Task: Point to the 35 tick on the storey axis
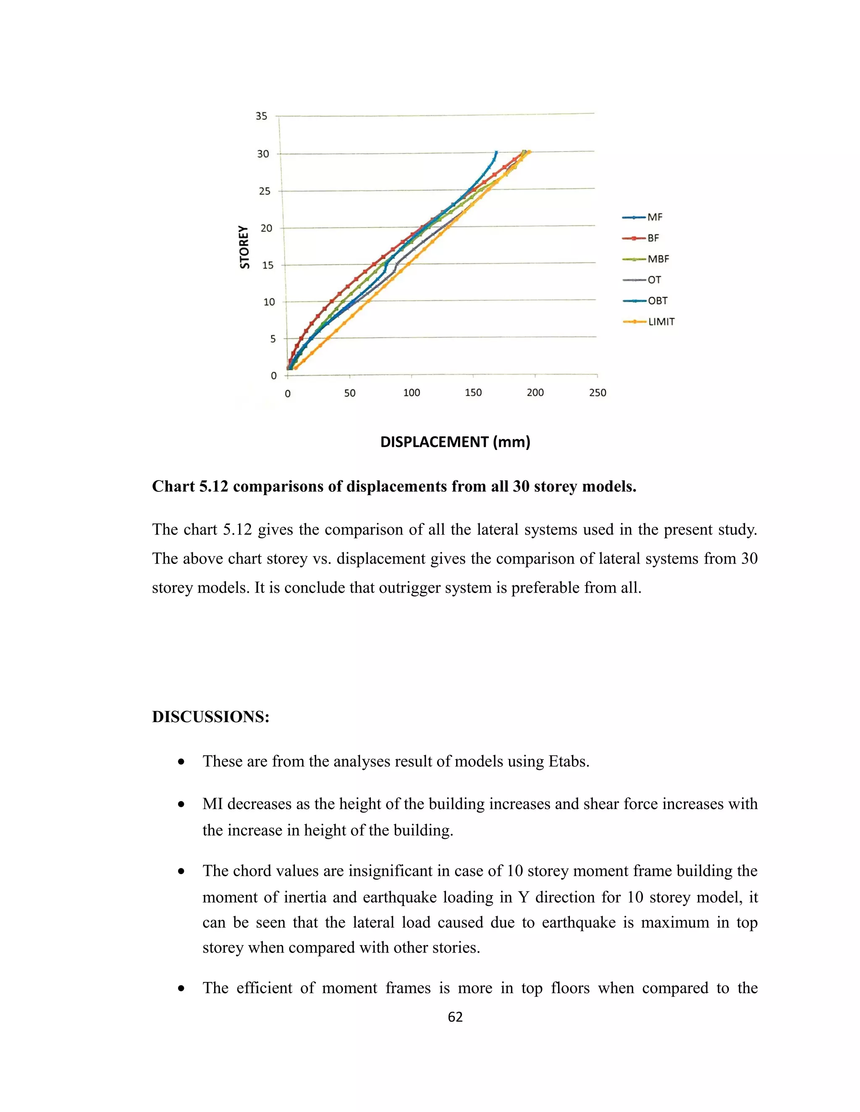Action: pos(261,116)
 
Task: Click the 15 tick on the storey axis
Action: pos(267,265)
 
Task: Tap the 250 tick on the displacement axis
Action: pos(598,393)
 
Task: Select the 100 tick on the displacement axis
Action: pos(412,393)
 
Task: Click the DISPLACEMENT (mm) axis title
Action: pos(455,441)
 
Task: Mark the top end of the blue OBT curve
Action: pos(496,152)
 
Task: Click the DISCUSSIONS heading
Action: pos(210,717)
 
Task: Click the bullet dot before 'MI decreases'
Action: pos(181,805)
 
